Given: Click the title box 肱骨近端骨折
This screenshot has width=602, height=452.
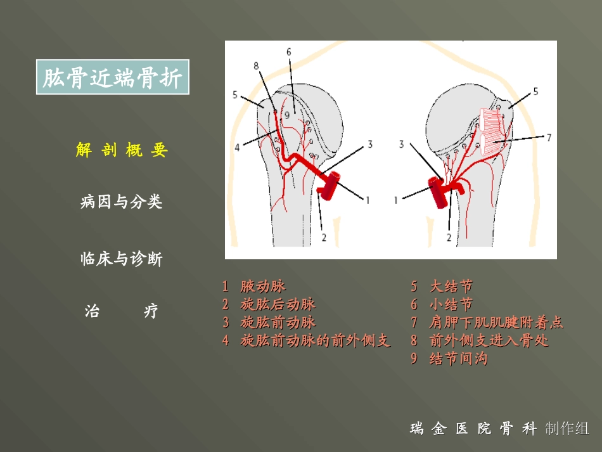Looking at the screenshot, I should pyautogui.click(x=113, y=78).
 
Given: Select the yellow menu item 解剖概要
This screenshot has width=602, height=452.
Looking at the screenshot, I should pyautogui.click(x=121, y=150).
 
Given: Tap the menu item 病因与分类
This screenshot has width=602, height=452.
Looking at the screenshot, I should pyautogui.click(x=121, y=202).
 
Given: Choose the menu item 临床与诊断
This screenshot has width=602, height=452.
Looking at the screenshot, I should pyautogui.click(x=121, y=259).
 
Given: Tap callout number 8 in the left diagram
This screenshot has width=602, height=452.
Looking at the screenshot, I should pyautogui.click(x=256, y=65).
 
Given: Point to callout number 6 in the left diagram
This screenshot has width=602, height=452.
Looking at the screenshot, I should pyautogui.click(x=288, y=51).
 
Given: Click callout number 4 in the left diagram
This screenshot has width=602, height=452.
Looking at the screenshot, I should pyautogui.click(x=237, y=147).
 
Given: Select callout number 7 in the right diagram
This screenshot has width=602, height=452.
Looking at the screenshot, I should pyautogui.click(x=549, y=136).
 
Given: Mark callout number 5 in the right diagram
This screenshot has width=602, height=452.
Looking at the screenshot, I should pyautogui.click(x=535, y=91).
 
